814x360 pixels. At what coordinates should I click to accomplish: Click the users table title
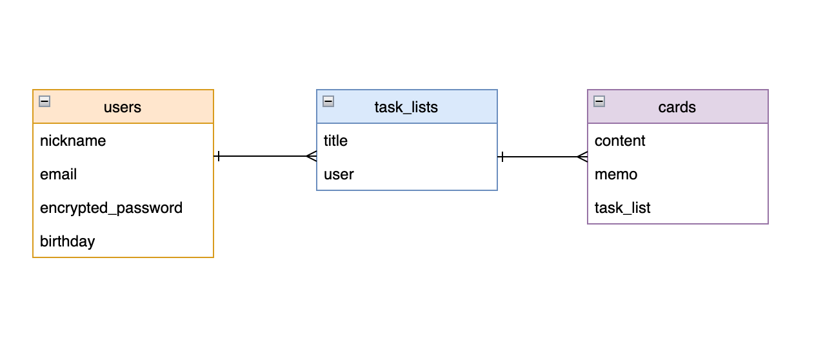coord(123,107)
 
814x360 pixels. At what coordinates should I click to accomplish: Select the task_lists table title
coord(406,107)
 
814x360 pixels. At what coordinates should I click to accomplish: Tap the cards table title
coord(677,107)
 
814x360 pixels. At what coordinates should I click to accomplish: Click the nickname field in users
coord(73,141)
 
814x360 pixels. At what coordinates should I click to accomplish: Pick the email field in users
coord(58,174)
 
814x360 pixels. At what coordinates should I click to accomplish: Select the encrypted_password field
coord(111,208)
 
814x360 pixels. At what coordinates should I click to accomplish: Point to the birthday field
coord(67,241)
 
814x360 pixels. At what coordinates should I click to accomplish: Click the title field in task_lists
coord(335,141)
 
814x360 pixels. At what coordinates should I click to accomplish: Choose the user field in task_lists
coord(339,174)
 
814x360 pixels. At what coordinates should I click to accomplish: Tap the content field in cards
coord(620,141)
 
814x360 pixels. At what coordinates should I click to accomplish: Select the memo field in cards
coord(616,174)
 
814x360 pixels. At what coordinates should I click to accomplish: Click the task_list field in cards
coord(622,208)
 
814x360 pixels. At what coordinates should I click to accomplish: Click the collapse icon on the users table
coord(45,101)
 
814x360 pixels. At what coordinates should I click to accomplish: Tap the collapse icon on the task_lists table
coord(328,101)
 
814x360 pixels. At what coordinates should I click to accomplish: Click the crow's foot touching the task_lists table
coord(311,156)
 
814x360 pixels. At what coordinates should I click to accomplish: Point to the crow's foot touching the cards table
coord(582,157)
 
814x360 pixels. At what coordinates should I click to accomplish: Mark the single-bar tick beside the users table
coord(219,156)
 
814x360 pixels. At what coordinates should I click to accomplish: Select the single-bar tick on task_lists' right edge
coord(502,157)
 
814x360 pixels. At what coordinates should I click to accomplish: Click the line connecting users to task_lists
coord(264,156)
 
